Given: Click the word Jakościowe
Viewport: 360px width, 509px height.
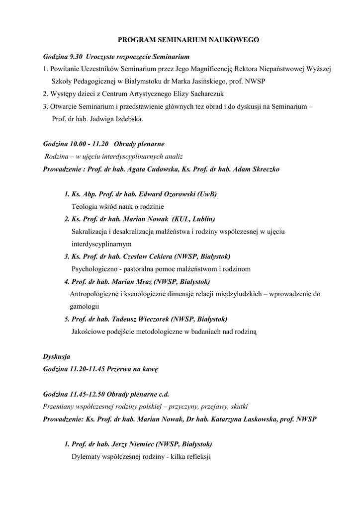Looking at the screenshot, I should point(90,331).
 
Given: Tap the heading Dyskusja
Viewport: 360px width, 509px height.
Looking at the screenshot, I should point(57,356).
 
